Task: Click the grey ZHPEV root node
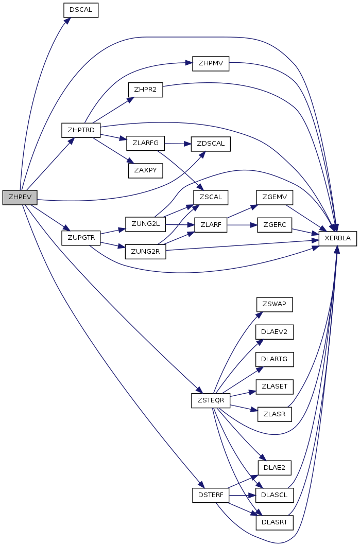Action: (x=20, y=198)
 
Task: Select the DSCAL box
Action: (x=80, y=10)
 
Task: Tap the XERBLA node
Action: (x=338, y=238)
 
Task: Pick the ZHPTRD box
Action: (x=81, y=130)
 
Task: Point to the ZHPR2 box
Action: (x=145, y=90)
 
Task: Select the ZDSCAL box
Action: (x=210, y=144)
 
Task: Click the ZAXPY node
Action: (x=145, y=170)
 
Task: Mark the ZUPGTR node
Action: (x=81, y=238)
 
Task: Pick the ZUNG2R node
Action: (x=145, y=251)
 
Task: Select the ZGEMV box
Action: (x=275, y=198)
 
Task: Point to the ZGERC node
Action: (x=275, y=224)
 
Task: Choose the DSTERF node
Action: (x=210, y=495)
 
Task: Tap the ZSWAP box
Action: (x=275, y=305)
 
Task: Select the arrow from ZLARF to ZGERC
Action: (x=242, y=225)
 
